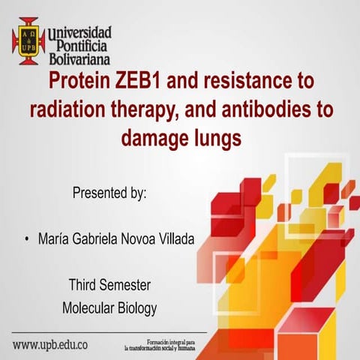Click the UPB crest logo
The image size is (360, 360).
click(28, 40)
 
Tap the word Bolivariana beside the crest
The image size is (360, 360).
click(79, 58)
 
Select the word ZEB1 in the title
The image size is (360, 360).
click(140, 79)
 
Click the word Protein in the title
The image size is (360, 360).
click(80, 79)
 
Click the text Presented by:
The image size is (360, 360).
click(109, 192)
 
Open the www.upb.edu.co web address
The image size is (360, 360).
click(50, 346)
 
